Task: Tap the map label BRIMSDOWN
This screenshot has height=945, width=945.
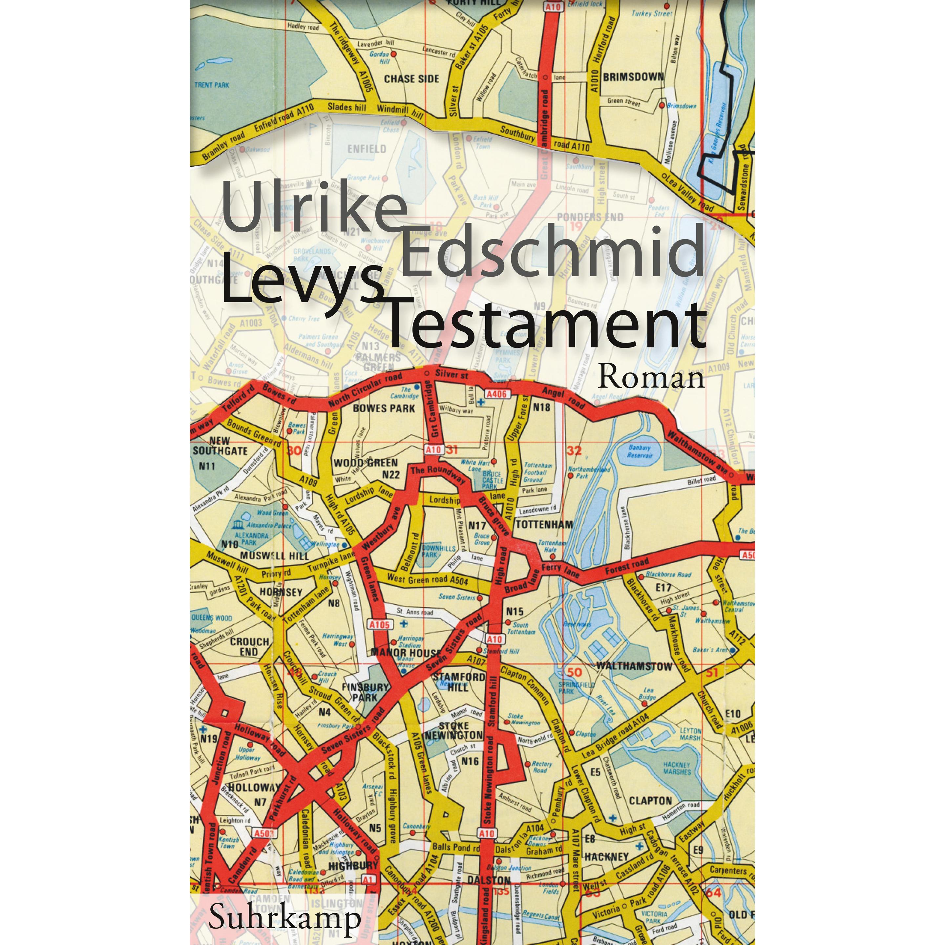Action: tap(633, 77)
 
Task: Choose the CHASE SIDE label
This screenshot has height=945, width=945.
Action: tap(411, 79)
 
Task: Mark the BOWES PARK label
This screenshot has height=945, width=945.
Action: tap(384, 408)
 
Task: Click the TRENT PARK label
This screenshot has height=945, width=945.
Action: tap(211, 85)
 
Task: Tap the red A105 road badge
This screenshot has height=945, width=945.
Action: tap(380, 624)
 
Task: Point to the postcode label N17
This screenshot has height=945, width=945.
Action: tap(477, 526)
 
